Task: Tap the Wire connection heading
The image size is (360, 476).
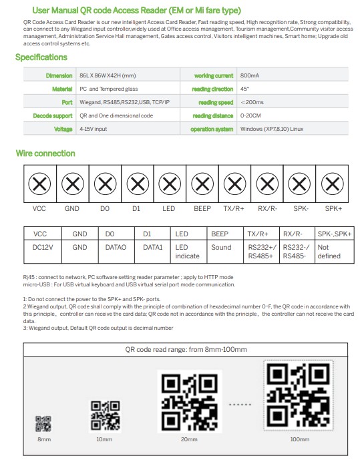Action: (x=45, y=154)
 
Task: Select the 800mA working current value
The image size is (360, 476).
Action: (x=250, y=76)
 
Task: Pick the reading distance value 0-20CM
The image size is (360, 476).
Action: (x=251, y=115)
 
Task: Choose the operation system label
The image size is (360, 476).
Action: (x=212, y=129)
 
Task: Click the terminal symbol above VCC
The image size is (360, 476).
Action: (x=40, y=183)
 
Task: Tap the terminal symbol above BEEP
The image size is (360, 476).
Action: (x=202, y=183)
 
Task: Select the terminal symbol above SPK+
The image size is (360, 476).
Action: (x=333, y=183)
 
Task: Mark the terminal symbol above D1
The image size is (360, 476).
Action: (x=138, y=183)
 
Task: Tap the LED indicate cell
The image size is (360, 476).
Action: (x=188, y=251)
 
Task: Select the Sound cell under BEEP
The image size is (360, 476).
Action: (x=221, y=247)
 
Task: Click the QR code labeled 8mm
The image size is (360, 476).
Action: (x=43, y=423)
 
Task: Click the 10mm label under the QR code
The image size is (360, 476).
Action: (x=104, y=440)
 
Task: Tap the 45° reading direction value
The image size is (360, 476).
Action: (x=246, y=89)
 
